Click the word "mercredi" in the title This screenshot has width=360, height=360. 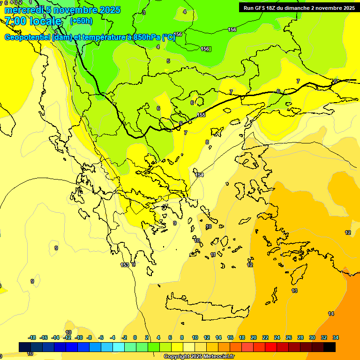pyautogui.click(x=21, y=10)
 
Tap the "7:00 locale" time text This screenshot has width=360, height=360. pyautogui.click(x=33, y=21)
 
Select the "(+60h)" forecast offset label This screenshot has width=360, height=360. pyautogui.click(x=81, y=21)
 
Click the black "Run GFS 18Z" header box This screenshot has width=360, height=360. pyautogui.click(x=299, y=7)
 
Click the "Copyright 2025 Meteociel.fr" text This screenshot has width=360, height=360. pyautogui.click(x=199, y=357)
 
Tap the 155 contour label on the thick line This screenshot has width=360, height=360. pyautogui.click(x=201, y=115)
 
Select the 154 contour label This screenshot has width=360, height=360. pyautogui.click(x=200, y=175)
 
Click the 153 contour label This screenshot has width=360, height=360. pyautogui.click(x=125, y=265)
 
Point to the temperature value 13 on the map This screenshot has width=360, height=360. pyautogui.click(x=294, y=291)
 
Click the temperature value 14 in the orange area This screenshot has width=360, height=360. pyautogui.click(x=331, y=314)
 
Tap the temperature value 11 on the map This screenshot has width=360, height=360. pyautogui.click(x=213, y=255)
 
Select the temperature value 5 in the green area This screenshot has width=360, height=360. pyautogui.click(x=168, y=61)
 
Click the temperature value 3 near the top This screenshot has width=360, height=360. pyautogui.click(x=144, y=12)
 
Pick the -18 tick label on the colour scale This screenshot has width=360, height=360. pyautogui.click(x=32, y=337)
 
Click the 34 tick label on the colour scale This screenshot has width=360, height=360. pyautogui.click(x=335, y=337)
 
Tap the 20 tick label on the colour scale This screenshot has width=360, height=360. pyautogui.click(x=254, y=337)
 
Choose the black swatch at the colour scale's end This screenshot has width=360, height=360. pyautogui.click(x=330, y=347)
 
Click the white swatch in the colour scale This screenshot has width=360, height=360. pyautogui.click(x=189, y=347)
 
